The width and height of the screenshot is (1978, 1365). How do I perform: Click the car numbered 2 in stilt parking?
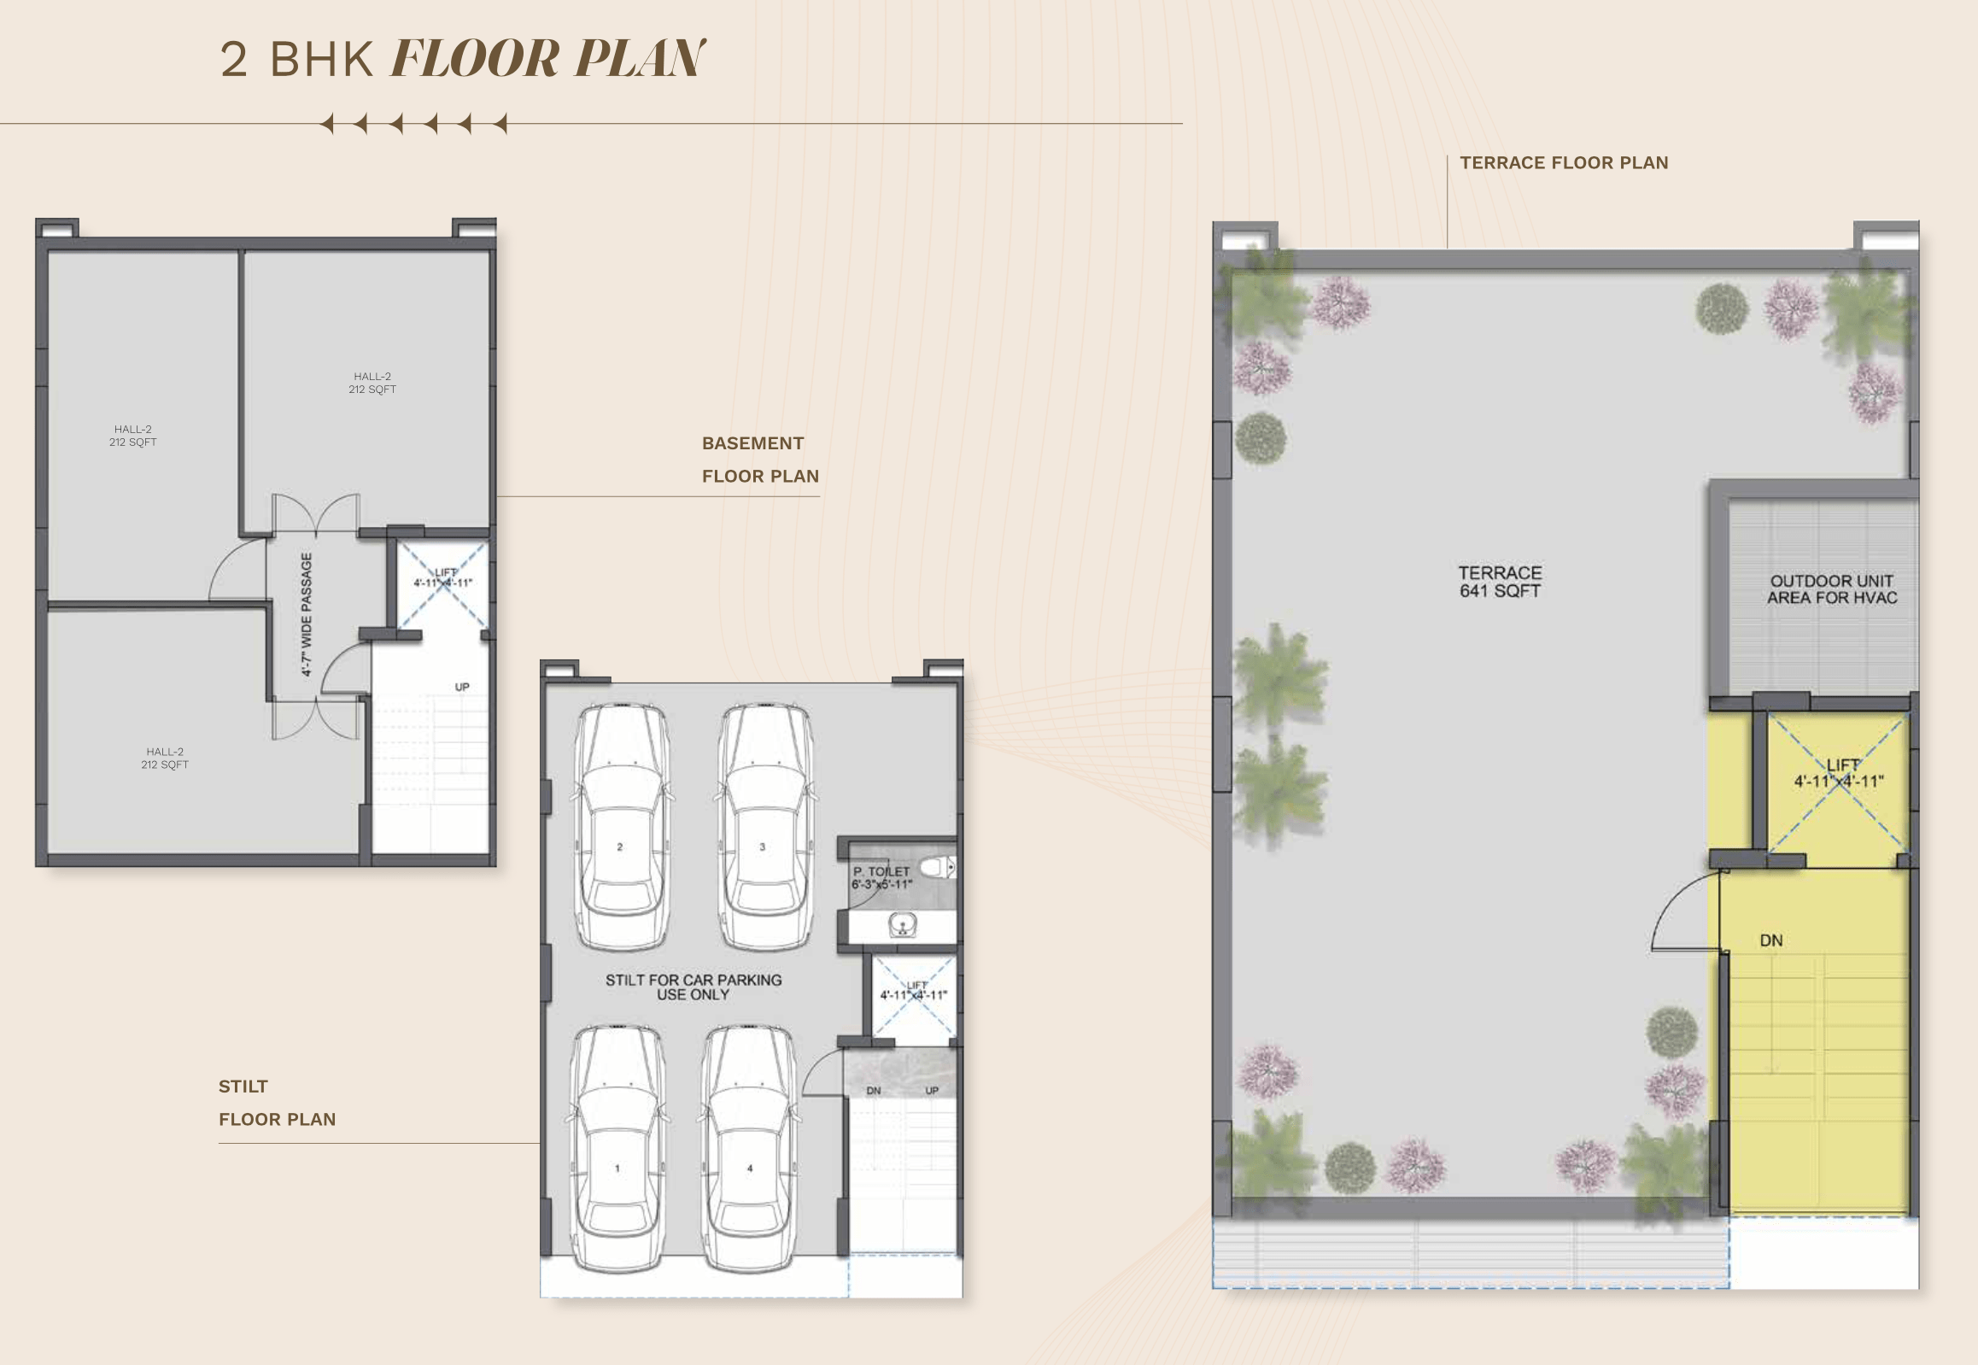pyautogui.click(x=621, y=827)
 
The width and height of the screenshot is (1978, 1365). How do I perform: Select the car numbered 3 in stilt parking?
pyautogui.click(x=764, y=827)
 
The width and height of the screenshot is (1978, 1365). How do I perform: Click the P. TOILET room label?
pyautogui.click(x=881, y=877)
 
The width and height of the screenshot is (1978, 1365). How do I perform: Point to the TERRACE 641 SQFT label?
pyautogui.click(x=1500, y=582)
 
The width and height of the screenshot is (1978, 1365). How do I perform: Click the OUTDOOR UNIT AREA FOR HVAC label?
pyautogui.click(x=1832, y=589)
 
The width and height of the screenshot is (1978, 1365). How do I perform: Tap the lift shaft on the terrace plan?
pyautogui.click(x=1838, y=782)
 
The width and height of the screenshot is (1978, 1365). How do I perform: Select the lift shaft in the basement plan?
pyautogui.click(x=442, y=585)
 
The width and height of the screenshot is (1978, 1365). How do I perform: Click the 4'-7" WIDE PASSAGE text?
pyautogui.click(x=306, y=614)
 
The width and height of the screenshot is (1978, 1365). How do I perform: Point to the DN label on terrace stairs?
pyautogui.click(x=1771, y=940)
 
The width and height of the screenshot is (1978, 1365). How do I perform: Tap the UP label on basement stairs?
pyautogui.click(x=462, y=687)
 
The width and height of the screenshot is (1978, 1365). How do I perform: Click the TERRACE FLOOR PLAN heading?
pyautogui.click(x=1563, y=162)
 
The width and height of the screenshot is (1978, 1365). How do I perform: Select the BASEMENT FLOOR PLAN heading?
pyautogui.click(x=760, y=460)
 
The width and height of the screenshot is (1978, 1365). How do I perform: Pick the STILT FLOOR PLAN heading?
pyautogui.click(x=277, y=1103)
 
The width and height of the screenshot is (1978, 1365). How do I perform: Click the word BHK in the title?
pyautogui.click(x=321, y=59)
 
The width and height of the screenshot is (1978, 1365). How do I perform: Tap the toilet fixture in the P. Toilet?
pyautogui.click(x=938, y=868)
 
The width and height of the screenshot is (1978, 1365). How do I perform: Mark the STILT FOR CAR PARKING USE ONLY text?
pyautogui.click(x=693, y=987)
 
